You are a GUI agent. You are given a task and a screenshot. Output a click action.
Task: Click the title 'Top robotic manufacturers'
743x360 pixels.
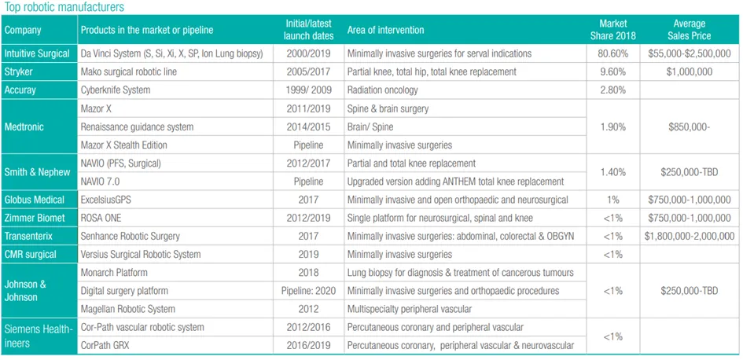tap(64, 7)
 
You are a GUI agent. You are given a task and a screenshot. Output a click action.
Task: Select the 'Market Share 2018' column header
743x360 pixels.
tap(612, 29)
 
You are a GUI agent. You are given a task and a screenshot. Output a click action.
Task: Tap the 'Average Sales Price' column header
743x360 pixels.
tap(689, 29)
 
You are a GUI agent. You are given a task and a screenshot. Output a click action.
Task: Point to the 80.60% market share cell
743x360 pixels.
tap(612, 53)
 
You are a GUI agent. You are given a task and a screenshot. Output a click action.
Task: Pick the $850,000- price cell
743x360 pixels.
tap(689, 127)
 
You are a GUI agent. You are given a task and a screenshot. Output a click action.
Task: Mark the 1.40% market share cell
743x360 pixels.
tap(612, 172)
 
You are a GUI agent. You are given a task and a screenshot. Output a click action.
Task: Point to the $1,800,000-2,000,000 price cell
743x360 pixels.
tap(689, 236)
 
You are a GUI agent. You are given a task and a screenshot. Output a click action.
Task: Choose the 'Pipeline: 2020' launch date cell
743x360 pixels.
tap(308, 291)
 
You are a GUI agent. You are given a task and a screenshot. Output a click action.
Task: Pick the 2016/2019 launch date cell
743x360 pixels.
tap(308, 346)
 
